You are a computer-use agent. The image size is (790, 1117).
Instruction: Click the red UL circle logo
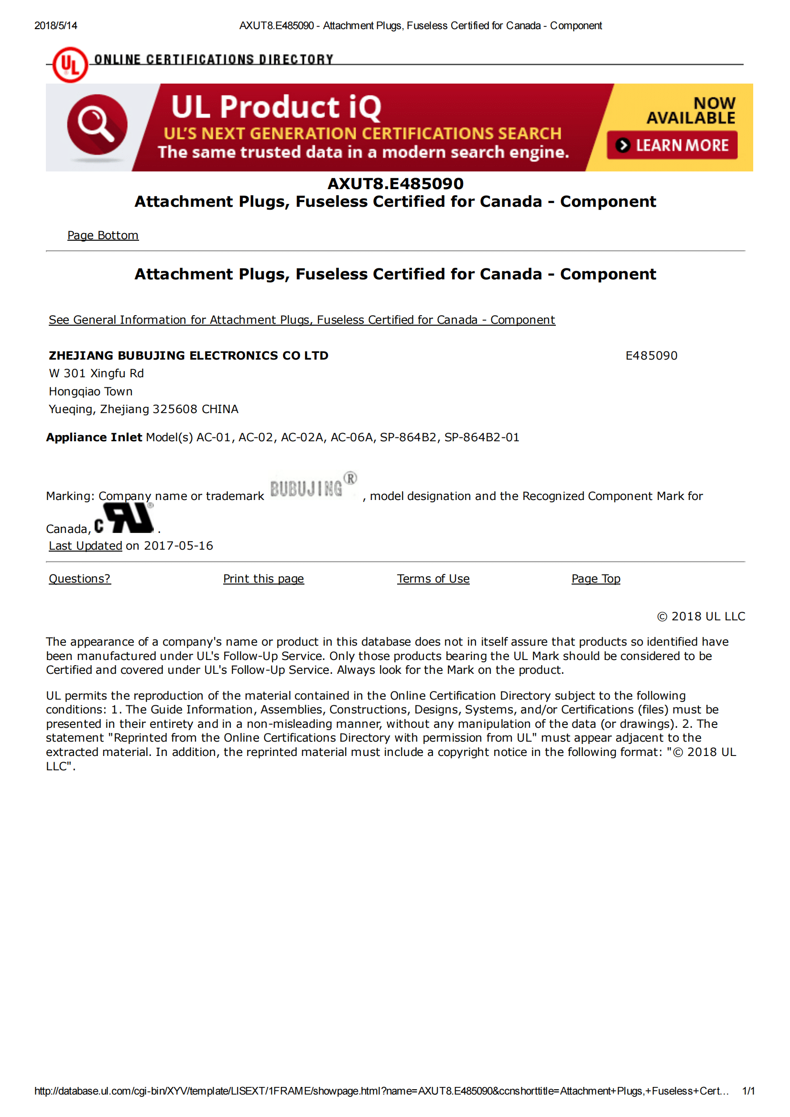pyautogui.click(x=70, y=64)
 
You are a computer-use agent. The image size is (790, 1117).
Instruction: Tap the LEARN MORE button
pyautogui.click(x=672, y=145)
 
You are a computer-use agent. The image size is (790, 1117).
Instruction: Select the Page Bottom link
pyautogui.click(x=103, y=235)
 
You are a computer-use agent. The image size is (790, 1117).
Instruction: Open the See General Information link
pyautogui.click(x=302, y=320)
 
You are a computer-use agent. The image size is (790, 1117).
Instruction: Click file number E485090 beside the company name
pyautogui.click(x=651, y=356)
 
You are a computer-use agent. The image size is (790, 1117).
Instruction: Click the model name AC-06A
pyautogui.click(x=351, y=437)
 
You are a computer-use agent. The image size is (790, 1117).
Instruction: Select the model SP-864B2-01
pyautogui.click(x=481, y=437)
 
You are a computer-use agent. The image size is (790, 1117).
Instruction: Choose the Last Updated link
pyautogui.click(x=85, y=546)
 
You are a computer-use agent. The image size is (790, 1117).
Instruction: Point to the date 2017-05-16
pyautogui.click(x=179, y=546)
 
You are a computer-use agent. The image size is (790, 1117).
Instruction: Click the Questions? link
pyautogui.click(x=80, y=579)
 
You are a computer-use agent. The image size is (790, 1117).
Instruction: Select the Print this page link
pyautogui.click(x=263, y=579)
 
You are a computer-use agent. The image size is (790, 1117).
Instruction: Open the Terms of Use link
pyautogui.click(x=433, y=579)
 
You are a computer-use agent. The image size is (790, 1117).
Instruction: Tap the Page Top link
pyautogui.click(x=596, y=579)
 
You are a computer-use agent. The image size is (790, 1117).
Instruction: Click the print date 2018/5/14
pyautogui.click(x=55, y=26)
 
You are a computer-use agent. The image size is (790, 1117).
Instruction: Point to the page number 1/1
pyautogui.click(x=748, y=1091)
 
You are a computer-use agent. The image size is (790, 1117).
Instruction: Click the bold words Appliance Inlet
pyautogui.click(x=94, y=437)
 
